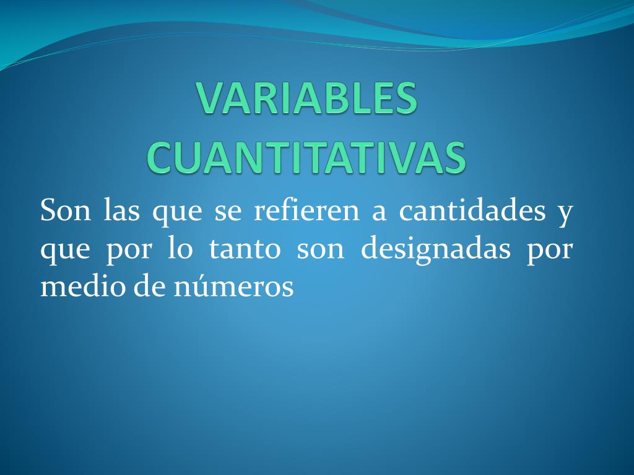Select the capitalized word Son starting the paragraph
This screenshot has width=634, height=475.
pos(66,211)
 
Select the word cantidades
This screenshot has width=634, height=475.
pos(472,211)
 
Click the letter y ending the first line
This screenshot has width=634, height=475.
pos(564,214)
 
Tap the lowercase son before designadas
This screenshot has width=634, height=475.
pos(320,250)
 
